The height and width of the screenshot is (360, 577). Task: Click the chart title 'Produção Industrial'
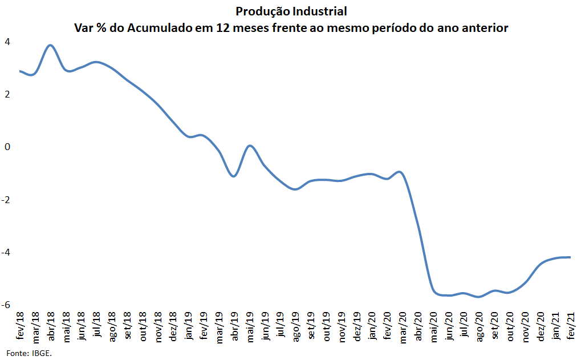click(x=291, y=11)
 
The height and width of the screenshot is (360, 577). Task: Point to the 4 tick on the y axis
click(x=7, y=42)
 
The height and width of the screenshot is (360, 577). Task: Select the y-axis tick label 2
click(x=7, y=94)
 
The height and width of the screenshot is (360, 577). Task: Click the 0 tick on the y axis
click(x=7, y=147)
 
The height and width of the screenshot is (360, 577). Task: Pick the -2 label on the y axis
click(x=6, y=199)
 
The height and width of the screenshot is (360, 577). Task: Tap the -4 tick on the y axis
click(x=6, y=252)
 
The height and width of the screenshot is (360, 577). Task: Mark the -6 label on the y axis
click(x=6, y=305)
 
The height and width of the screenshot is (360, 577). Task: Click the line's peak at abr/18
click(x=51, y=45)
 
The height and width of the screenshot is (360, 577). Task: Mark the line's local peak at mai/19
click(x=249, y=146)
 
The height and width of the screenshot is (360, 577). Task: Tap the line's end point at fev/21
click(x=570, y=257)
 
